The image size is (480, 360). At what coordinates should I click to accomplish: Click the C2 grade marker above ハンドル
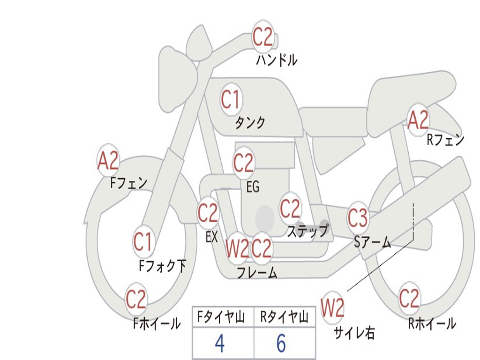tap(262, 37)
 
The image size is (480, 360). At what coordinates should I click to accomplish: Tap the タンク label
tap(250, 123)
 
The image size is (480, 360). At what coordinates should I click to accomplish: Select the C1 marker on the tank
tap(230, 99)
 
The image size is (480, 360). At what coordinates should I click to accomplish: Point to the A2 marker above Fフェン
tap(108, 161)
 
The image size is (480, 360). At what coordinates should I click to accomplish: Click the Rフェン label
tap(445, 140)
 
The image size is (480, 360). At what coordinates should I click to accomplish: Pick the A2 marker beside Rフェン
tap(418, 120)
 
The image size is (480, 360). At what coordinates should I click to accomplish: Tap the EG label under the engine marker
tap(253, 187)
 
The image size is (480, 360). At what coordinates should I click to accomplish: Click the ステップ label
tap(307, 231)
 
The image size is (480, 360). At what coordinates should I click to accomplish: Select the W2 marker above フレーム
tap(237, 248)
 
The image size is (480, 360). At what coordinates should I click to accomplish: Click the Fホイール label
tap(157, 323)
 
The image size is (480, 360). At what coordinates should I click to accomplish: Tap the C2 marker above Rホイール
tap(409, 298)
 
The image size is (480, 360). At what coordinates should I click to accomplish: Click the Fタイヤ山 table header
tap(223, 318)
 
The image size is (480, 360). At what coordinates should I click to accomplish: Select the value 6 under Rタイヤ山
tap(281, 344)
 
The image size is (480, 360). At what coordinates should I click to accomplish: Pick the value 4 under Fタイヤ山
tap(219, 344)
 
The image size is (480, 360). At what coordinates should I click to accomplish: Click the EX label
tap(211, 237)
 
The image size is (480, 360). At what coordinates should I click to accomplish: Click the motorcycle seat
tap(412, 89)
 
